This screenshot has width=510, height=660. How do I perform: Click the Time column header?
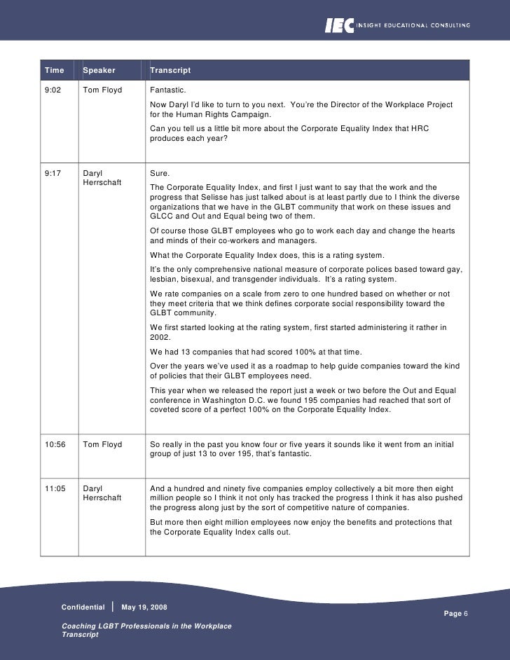tap(54, 71)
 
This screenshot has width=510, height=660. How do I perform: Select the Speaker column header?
tap(99, 71)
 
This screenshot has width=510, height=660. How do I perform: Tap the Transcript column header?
tap(170, 71)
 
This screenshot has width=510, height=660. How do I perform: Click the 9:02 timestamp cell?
tap(53, 91)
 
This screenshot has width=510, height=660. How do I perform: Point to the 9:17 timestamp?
tap(53, 172)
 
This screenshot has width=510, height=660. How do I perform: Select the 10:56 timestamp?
tap(55, 444)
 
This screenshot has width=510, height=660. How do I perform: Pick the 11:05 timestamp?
tap(55, 488)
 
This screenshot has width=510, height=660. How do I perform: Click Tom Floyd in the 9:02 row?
tap(102, 91)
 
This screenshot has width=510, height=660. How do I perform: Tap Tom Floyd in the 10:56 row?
tap(102, 444)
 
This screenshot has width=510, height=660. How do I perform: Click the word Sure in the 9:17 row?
tap(160, 172)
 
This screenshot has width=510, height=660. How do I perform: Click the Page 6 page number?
tap(457, 613)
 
